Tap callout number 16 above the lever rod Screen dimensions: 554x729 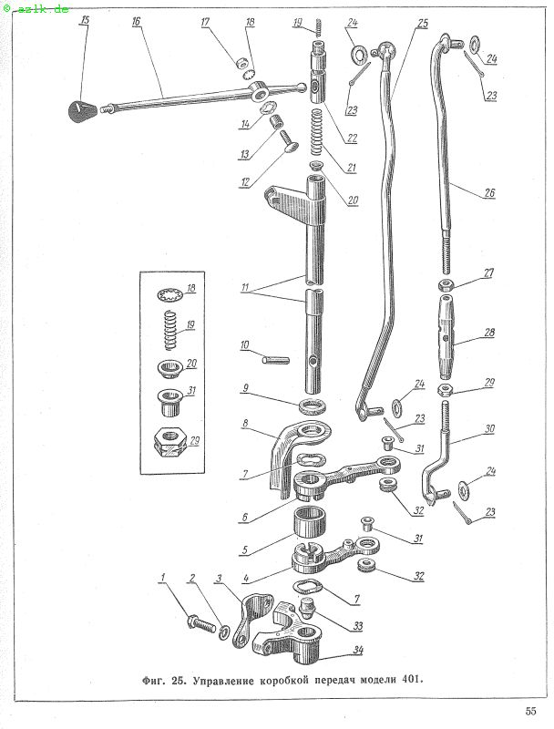click(136, 21)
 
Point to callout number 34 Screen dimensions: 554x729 click(357, 650)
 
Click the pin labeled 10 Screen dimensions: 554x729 click(275, 360)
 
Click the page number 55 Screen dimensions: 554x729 click(530, 711)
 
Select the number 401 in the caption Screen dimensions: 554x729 click(411, 679)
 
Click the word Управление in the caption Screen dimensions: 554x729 click(223, 681)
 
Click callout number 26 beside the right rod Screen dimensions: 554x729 click(489, 192)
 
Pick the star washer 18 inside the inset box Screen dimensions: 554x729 click(169, 294)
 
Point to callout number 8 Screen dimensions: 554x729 click(245, 424)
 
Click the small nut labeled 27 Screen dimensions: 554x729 click(446, 283)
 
